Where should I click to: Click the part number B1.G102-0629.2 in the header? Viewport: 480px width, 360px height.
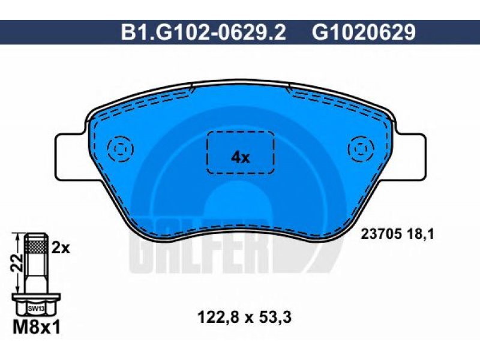pos(203,32)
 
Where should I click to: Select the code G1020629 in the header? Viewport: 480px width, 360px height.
pos(364,32)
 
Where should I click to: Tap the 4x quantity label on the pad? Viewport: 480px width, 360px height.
pos(241,157)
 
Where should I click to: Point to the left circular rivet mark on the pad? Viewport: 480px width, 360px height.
pos(121,149)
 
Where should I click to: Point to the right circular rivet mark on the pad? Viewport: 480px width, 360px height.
pos(361,149)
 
